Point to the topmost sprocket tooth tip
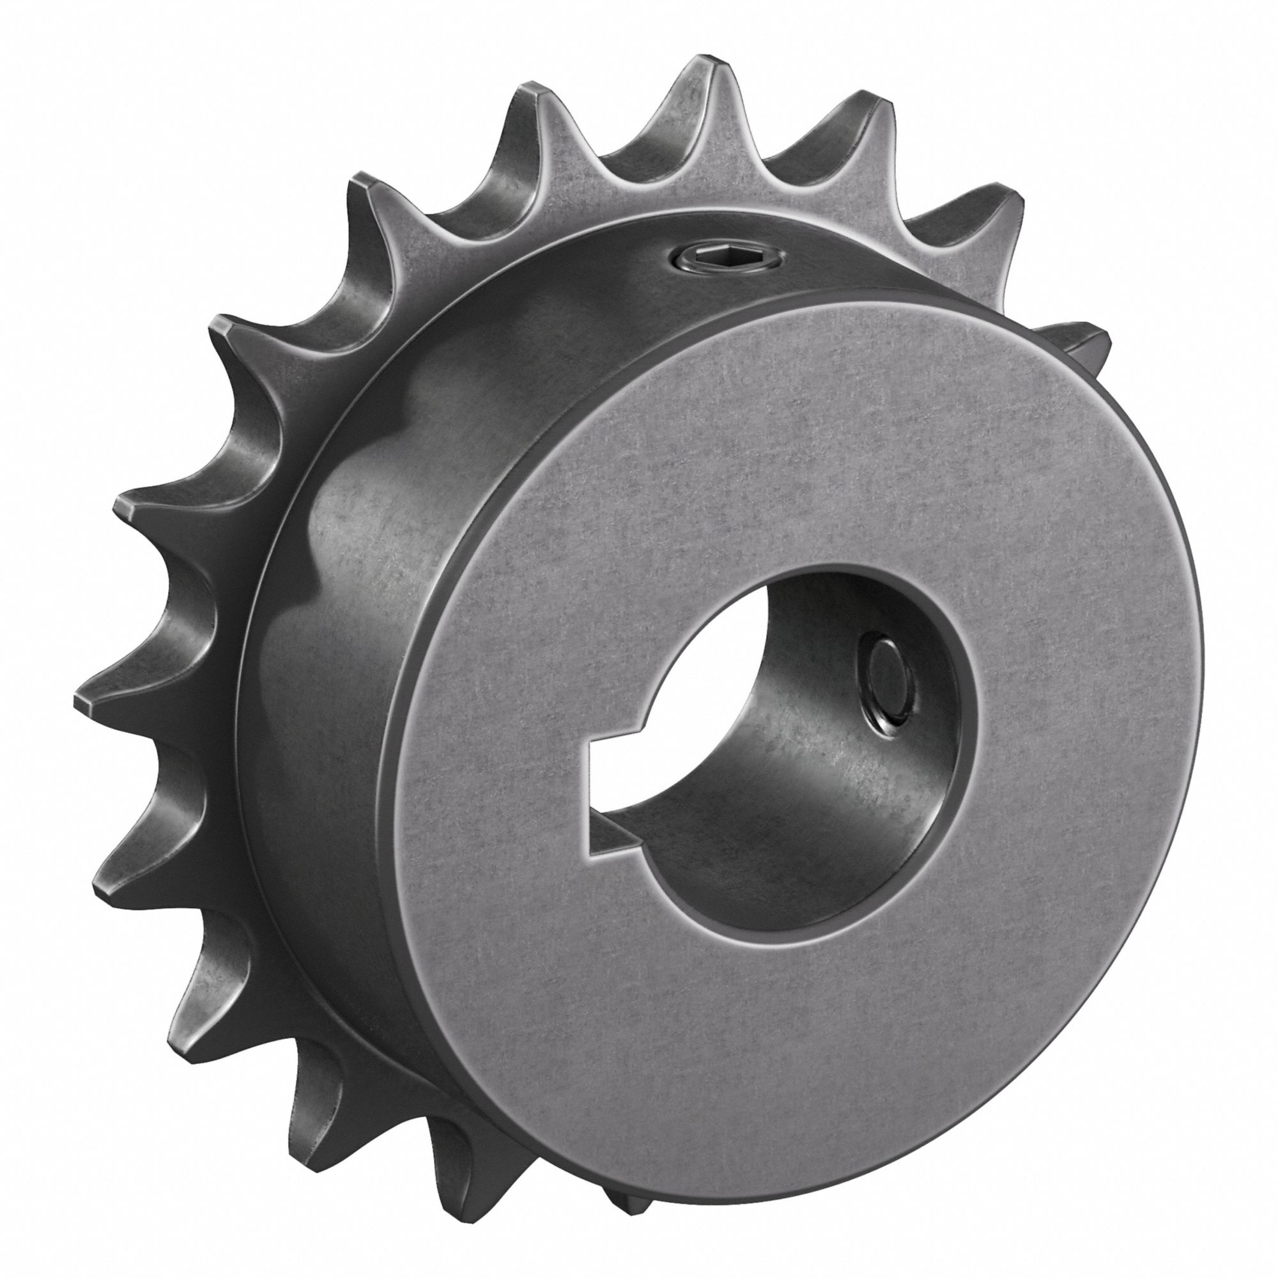point(707,73)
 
